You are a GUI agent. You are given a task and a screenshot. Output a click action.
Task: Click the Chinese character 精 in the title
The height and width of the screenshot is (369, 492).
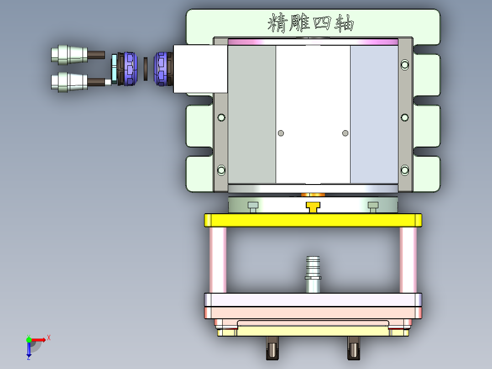click(x=277, y=23)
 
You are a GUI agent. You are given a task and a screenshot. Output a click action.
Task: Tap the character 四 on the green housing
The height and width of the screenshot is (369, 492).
click(x=322, y=23)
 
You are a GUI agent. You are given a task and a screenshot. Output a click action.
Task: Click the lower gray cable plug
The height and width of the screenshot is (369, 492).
click(x=68, y=82)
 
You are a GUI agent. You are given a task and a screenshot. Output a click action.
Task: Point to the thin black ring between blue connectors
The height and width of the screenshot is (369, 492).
click(x=146, y=69)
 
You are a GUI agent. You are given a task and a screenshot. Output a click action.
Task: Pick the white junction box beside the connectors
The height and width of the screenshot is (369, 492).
click(x=200, y=69)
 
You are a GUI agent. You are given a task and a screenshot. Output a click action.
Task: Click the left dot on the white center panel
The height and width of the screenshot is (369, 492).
click(x=281, y=133)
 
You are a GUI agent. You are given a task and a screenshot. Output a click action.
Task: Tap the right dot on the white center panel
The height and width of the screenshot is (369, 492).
click(x=345, y=133)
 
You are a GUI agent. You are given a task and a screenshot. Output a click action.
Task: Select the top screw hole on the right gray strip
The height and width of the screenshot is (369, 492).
click(x=404, y=65)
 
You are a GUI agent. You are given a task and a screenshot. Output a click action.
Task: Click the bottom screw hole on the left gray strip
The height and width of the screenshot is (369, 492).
click(x=221, y=170)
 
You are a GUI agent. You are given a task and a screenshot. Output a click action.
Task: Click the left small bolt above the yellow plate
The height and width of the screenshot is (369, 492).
click(x=252, y=206)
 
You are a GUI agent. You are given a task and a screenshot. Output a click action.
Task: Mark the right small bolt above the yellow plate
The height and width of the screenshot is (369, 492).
click(x=373, y=206)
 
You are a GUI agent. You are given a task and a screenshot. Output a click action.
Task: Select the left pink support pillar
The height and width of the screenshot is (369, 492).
click(x=218, y=260)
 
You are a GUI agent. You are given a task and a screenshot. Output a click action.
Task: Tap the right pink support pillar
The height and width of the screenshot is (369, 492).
click(x=408, y=260)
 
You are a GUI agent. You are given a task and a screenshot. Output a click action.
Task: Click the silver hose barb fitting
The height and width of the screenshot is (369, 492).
click(x=313, y=274)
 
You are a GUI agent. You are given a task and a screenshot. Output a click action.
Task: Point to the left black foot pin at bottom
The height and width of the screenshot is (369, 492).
click(x=272, y=348)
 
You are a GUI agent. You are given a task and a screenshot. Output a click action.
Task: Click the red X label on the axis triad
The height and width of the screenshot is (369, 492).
click(x=48, y=337)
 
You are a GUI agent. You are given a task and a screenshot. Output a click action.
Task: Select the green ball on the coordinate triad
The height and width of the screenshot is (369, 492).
click(x=29, y=340)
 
